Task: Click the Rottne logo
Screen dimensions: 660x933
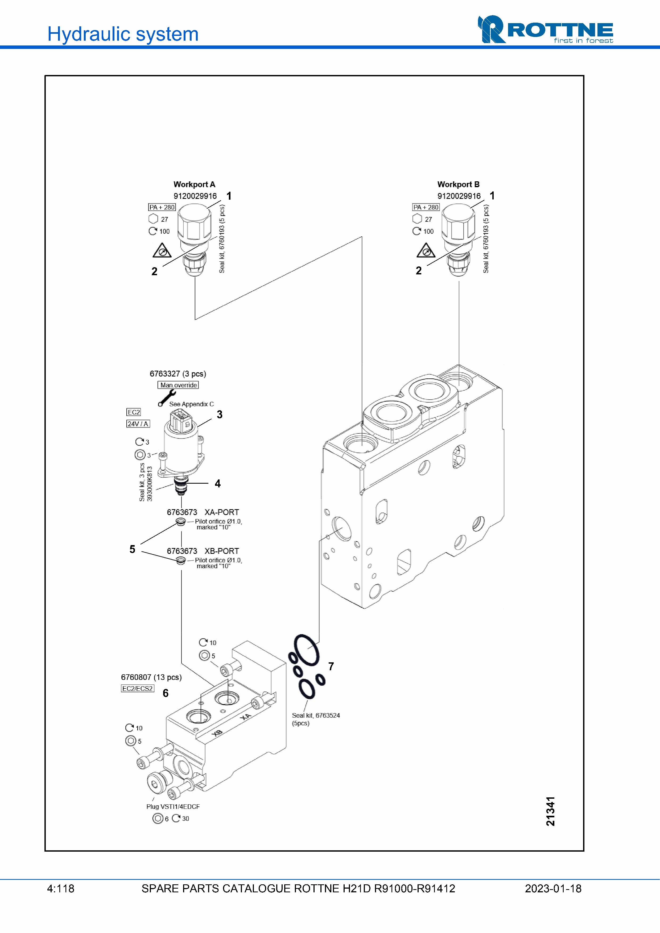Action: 545,29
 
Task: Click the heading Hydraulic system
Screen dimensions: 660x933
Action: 123,34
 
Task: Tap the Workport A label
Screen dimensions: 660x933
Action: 194,185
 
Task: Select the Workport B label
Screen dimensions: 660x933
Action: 458,185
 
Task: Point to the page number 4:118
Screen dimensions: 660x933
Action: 61,889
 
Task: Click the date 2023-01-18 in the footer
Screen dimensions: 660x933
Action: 553,889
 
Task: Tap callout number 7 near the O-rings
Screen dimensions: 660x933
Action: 331,666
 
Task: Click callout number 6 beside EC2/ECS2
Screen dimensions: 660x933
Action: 166,693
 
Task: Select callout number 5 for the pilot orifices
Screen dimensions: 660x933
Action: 132,549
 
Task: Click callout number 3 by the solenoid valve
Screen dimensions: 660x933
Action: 220,415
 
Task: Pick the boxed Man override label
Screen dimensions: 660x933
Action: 178,385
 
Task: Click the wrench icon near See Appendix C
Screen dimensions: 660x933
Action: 167,398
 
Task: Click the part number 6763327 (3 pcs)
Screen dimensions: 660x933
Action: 178,374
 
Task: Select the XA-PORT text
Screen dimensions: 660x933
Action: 222,512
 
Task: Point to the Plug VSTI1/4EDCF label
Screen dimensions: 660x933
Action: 173,807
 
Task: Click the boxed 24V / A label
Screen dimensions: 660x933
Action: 138,424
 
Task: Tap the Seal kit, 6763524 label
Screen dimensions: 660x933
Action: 316,716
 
